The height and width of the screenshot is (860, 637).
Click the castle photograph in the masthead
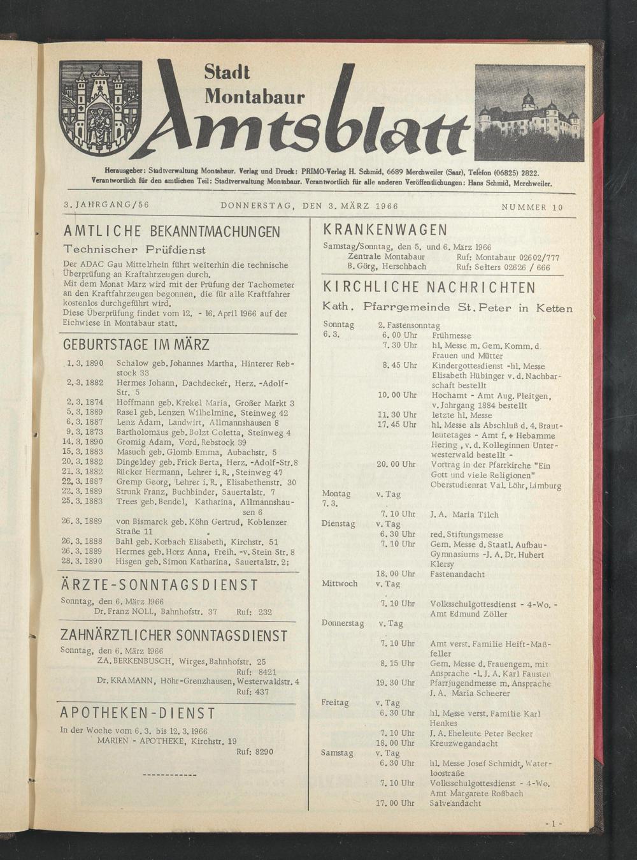pos(529,113)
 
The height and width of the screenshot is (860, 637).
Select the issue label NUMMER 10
pos(532,207)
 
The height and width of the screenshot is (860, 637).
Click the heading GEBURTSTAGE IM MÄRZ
pos(136,346)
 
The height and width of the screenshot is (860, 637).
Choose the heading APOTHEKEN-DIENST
pos(138,713)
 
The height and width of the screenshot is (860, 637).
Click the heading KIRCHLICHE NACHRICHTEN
pos(429,288)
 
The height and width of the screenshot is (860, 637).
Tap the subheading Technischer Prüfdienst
pos(134,250)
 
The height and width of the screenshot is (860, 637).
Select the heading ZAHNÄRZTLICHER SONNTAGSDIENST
pos(174,636)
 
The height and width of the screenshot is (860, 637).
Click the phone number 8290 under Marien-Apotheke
pos(263,752)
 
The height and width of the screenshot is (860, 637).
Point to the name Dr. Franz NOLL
pos(125,611)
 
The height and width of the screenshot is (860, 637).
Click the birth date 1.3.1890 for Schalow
pos(84,363)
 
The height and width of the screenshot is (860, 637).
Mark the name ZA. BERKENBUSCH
pos(134,662)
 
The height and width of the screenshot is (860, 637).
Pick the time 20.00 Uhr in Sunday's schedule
pos(396,464)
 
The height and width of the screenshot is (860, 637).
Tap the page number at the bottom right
pos(553,824)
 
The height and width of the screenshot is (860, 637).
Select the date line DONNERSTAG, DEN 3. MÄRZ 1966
pos(309,206)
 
